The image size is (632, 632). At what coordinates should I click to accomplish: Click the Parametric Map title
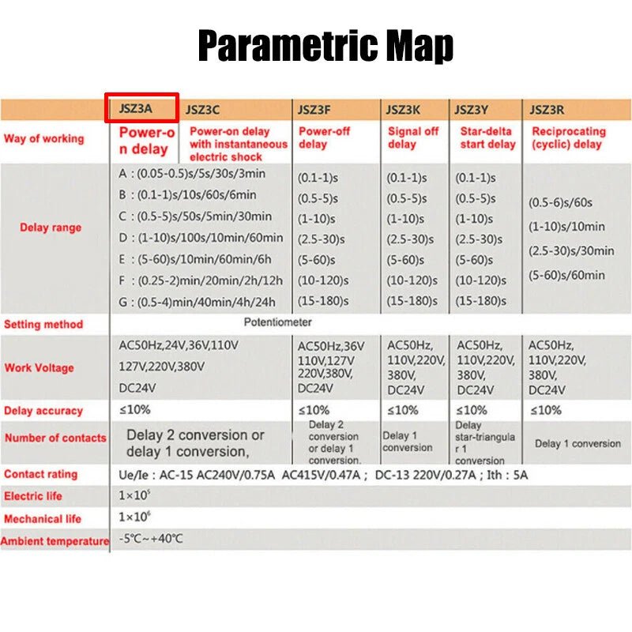tap(325, 45)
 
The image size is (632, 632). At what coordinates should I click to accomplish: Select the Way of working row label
tap(44, 138)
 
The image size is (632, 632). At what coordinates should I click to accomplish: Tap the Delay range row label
tap(51, 228)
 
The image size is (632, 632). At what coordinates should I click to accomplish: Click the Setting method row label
tap(43, 324)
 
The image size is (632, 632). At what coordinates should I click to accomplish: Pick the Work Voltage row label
tap(39, 367)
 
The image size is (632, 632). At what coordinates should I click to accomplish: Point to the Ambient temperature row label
tap(55, 541)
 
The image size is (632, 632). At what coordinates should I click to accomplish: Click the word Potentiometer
tap(277, 322)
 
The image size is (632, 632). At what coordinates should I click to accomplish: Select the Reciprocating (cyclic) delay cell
tap(569, 137)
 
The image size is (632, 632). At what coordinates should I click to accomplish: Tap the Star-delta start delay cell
tap(487, 137)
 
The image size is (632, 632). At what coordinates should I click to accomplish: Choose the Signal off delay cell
tap(413, 137)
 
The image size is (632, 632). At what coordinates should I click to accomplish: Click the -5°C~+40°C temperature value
tap(151, 539)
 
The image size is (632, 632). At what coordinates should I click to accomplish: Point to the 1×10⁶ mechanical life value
tap(134, 517)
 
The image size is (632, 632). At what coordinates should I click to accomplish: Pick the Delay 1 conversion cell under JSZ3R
tap(577, 443)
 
